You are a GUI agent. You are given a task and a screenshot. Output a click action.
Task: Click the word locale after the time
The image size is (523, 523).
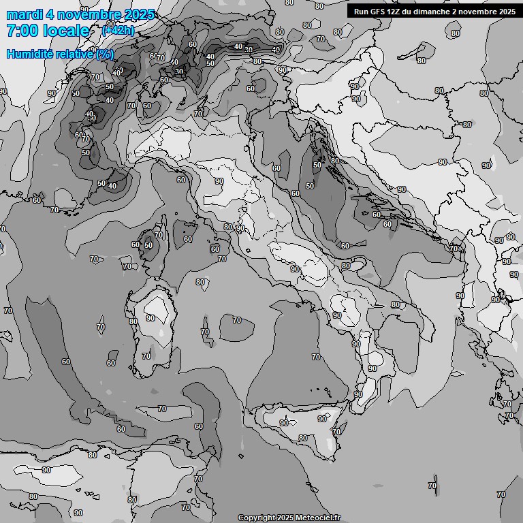pyautogui.click(x=65, y=31)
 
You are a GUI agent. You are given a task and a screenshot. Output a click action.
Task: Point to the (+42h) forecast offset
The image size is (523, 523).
pyautogui.click(x=117, y=31)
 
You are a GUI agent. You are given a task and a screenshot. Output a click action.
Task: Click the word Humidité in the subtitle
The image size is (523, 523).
pyautogui.click(x=27, y=54)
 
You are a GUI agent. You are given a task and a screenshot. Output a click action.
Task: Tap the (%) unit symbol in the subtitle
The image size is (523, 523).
pyautogui.click(x=104, y=54)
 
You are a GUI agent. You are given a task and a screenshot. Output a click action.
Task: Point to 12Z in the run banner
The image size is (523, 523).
pyautogui.click(x=399, y=12)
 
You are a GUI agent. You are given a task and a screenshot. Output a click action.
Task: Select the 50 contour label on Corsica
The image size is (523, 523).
pyautogui.click(x=148, y=245)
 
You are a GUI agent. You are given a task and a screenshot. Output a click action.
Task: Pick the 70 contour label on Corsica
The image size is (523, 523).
pyautogui.click(x=159, y=235)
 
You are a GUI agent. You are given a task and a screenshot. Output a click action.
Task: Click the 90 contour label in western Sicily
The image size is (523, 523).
pyautogui.click(x=283, y=423)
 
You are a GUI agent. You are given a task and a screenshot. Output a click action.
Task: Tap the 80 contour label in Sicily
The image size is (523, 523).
pyautogui.click(x=303, y=438)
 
